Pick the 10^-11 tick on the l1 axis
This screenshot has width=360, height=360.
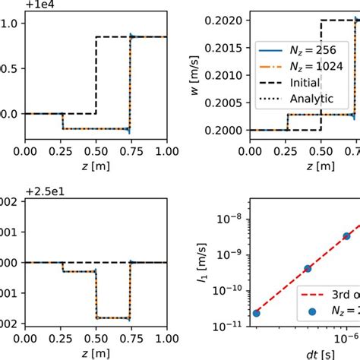point(236,326)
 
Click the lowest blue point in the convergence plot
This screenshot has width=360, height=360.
point(256,312)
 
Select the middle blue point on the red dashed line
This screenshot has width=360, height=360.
point(308,268)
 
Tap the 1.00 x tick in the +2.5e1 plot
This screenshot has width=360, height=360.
point(166,339)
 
